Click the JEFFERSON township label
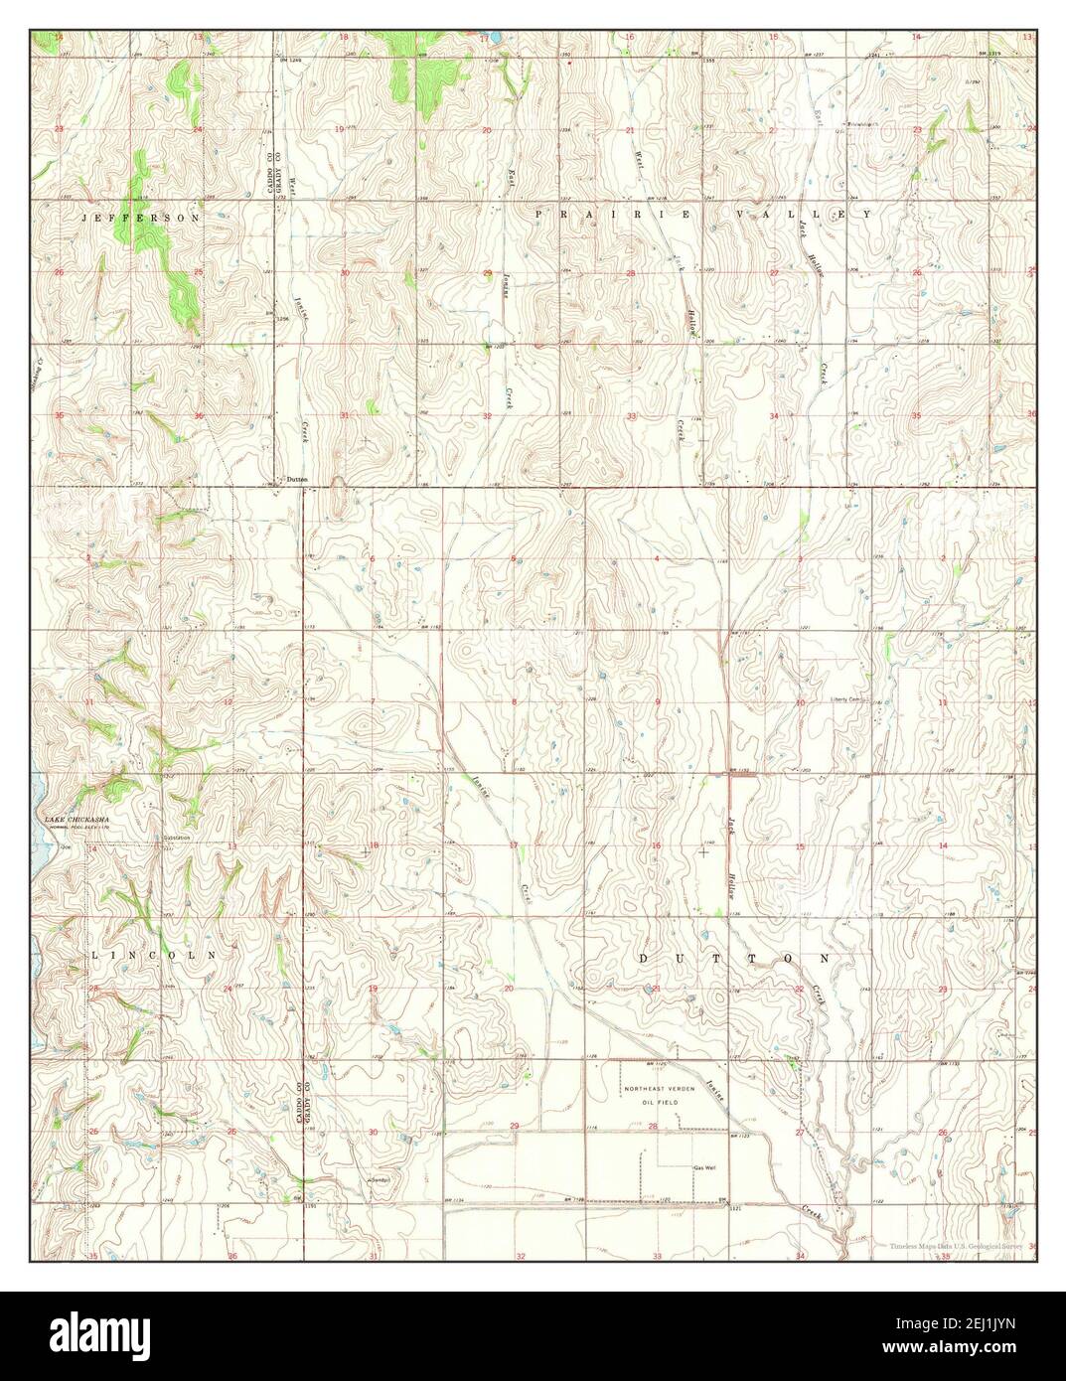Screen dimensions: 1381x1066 click(140, 217)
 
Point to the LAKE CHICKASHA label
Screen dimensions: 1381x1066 click(75, 820)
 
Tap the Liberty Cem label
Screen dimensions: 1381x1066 click(849, 698)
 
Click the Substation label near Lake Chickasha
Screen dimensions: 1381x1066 click(179, 838)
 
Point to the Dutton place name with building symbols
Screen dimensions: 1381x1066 click(296, 480)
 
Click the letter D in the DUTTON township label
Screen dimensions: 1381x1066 click(644, 959)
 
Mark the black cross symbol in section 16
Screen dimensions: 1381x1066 click(703, 851)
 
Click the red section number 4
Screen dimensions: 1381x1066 click(657, 559)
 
